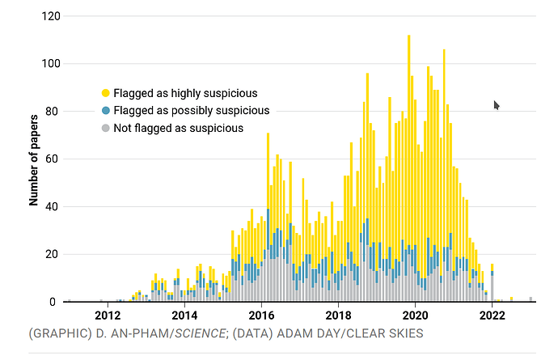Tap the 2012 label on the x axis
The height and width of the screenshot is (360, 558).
point(108,316)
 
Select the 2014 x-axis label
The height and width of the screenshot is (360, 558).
point(184,316)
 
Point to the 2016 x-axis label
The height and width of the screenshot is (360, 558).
point(261,316)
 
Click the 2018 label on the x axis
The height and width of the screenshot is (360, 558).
point(338,316)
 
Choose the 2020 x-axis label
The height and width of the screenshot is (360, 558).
point(415,316)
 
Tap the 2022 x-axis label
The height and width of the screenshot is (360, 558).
point(492,316)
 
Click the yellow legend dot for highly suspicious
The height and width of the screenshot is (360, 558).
point(105,93)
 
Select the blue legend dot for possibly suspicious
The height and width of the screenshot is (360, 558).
point(105,110)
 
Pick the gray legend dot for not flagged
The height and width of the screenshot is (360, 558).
point(105,128)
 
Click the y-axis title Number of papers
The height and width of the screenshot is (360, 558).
point(34,159)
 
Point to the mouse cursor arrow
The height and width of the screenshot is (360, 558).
point(497,105)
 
